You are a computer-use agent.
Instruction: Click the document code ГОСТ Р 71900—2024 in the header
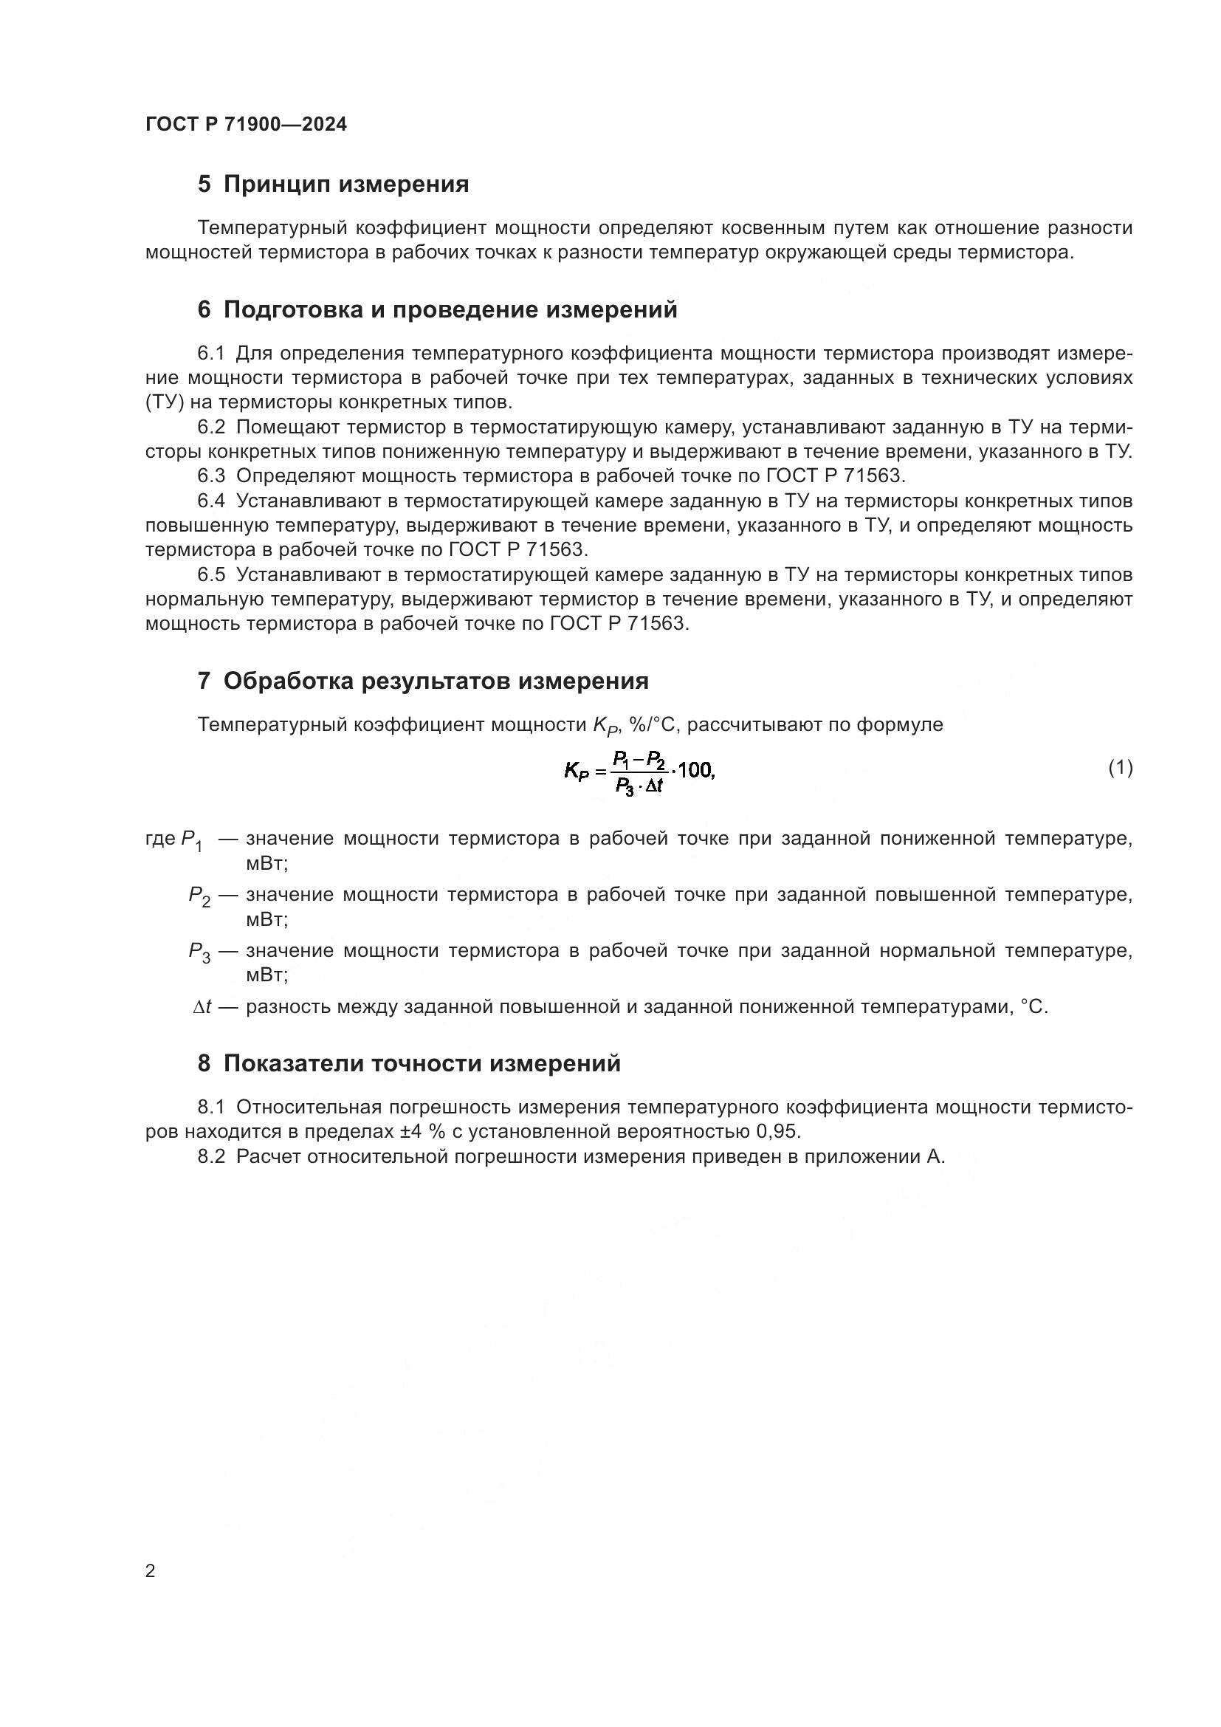point(246,124)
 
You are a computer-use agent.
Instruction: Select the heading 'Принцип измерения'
point(345,185)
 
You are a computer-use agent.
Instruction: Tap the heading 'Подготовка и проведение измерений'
point(450,309)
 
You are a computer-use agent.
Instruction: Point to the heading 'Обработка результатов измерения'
point(436,681)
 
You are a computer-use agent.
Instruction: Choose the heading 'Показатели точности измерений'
point(422,1063)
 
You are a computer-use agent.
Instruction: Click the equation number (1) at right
point(1121,767)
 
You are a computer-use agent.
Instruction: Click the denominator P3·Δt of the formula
point(639,787)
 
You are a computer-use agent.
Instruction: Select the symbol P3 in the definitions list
point(199,952)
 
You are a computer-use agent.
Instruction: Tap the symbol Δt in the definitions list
point(202,1007)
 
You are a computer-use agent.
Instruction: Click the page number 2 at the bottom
point(151,1571)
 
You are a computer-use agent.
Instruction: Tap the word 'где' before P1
point(160,839)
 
